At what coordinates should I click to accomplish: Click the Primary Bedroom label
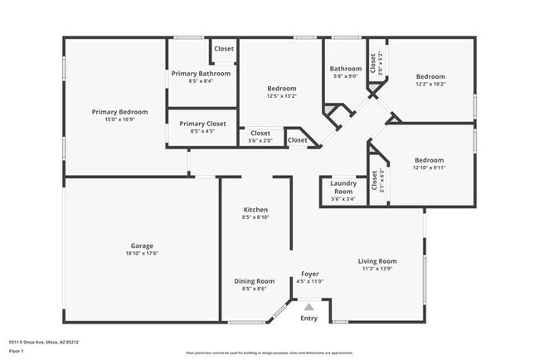pyautogui.click(x=119, y=112)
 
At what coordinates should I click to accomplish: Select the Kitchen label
pyautogui.click(x=255, y=210)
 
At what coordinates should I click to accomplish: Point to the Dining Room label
pyautogui.click(x=254, y=281)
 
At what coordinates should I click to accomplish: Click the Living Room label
pyautogui.click(x=377, y=261)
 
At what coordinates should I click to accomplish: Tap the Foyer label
pyautogui.click(x=309, y=274)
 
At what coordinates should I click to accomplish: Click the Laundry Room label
pyautogui.click(x=343, y=187)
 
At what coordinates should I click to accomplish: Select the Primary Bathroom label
pyautogui.click(x=201, y=74)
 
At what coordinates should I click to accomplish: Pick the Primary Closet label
pyautogui.click(x=202, y=124)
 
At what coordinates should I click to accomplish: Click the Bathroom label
pyautogui.click(x=346, y=69)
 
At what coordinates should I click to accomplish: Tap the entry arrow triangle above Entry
pyautogui.click(x=308, y=307)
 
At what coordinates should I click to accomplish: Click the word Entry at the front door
pyautogui.click(x=308, y=318)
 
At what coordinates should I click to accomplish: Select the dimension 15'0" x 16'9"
pyautogui.click(x=119, y=119)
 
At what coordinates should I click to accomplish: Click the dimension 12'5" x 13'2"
pyautogui.click(x=282, y=95)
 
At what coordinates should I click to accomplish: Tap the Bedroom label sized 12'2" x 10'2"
pyautogui.click(x=430, y=76)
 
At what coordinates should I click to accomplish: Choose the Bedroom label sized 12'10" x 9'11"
pyautogui.click(x=429, y=160)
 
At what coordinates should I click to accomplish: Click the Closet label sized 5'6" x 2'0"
pyautogui.click(x=260, y=133)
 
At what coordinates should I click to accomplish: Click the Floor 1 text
pyautogui.click(x=17, y=350)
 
